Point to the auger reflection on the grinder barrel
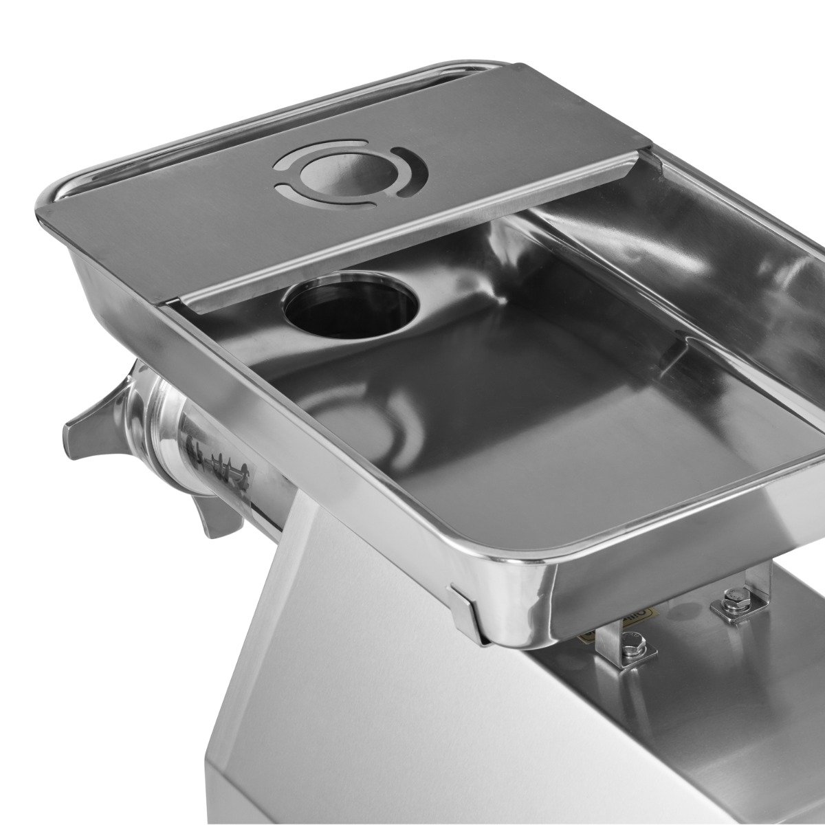click(x=210, y=454)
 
